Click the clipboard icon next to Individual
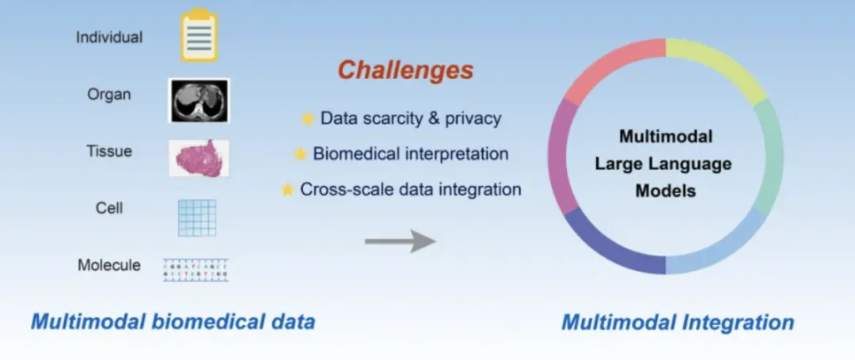[x=198, y=36]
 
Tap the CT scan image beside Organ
[x=199, y=100]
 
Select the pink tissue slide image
[x=199, y=157]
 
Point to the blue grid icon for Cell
[x=196, y=217]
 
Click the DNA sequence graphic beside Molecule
[x=196, y=269]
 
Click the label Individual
[x=109, y=37]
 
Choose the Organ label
[x=109, y=94]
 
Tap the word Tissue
[x=109, y=151]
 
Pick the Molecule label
[x=109, y=265]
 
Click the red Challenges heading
[x=405, y=70]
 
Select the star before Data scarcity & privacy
[x=307, y=119]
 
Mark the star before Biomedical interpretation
[x=300, y=154]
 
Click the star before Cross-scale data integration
[x=287, y=190]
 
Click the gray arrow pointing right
[x=400, y=241]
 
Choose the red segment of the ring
[x=610, y=67]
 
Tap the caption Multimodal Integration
[x=678, y=322]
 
